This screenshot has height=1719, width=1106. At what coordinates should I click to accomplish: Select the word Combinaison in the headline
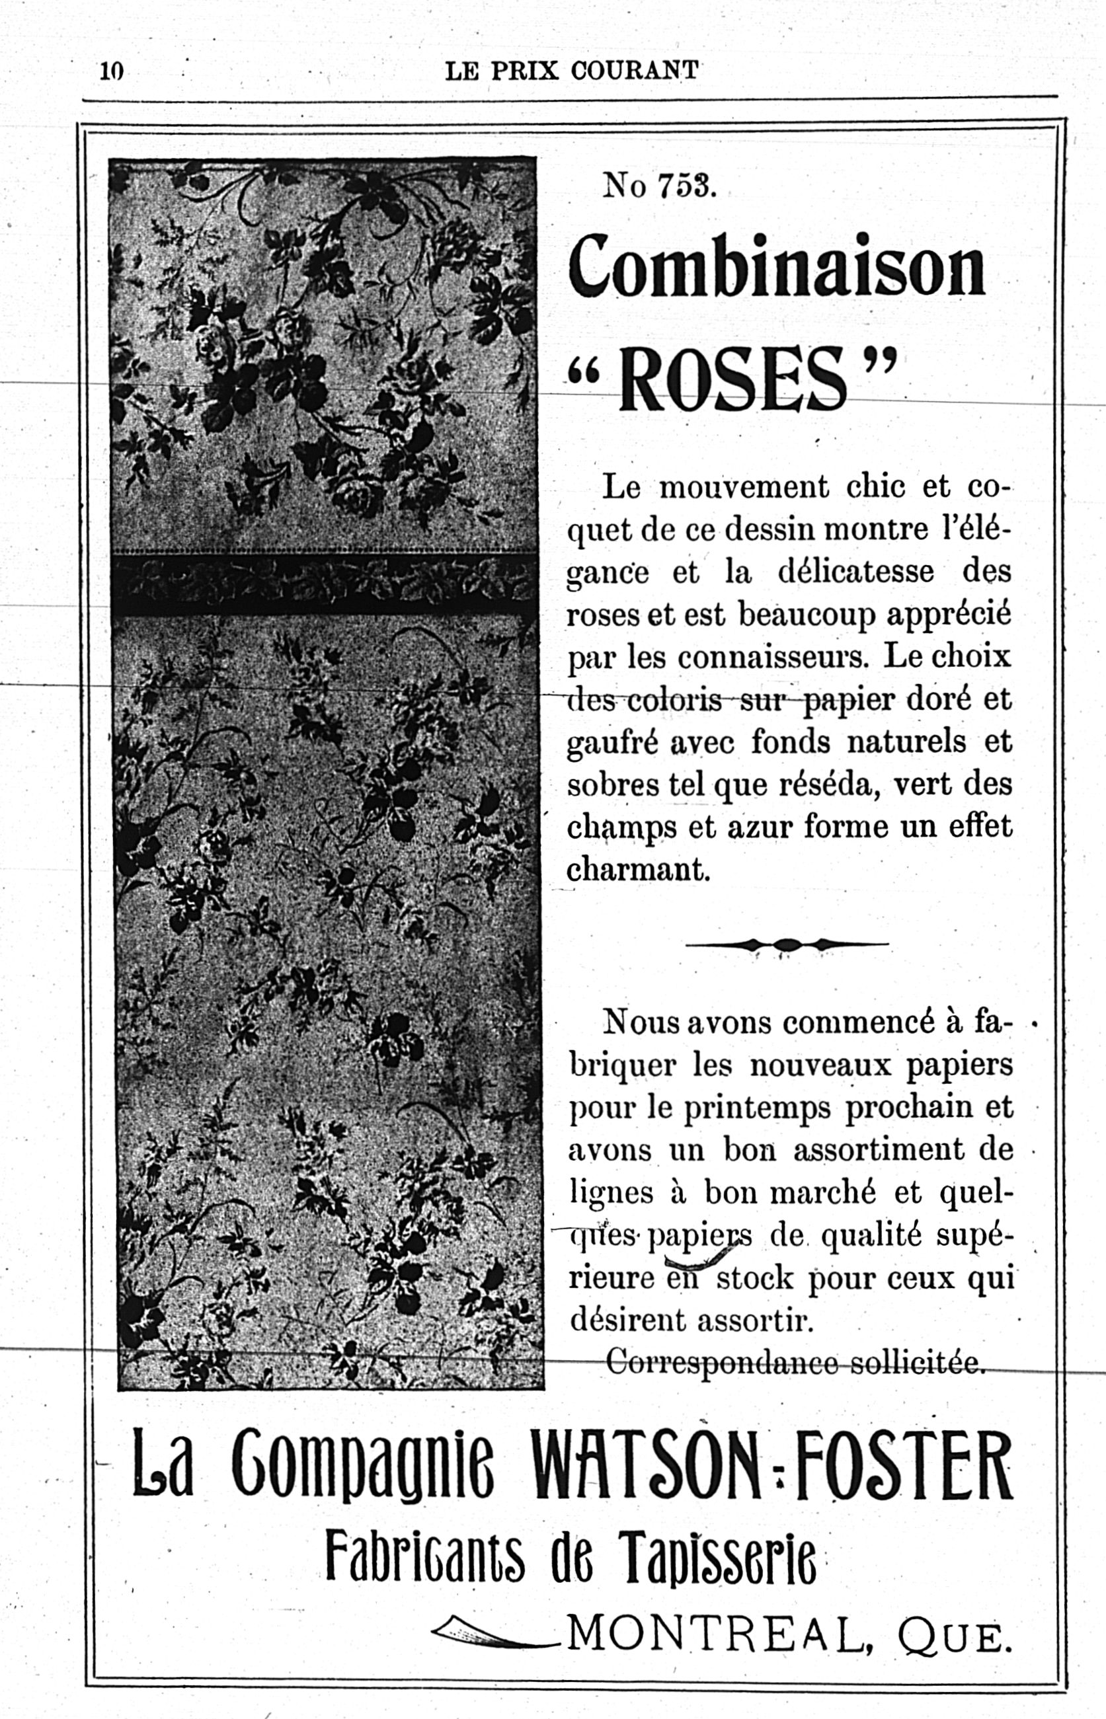(x=776, y=267)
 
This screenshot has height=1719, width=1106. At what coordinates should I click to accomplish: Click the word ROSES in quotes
(x=732, y=378)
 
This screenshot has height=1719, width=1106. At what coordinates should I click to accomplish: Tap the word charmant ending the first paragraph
(x=639, y=869)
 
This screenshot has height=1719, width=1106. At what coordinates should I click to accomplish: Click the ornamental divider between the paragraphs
(x=787, y=944)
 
